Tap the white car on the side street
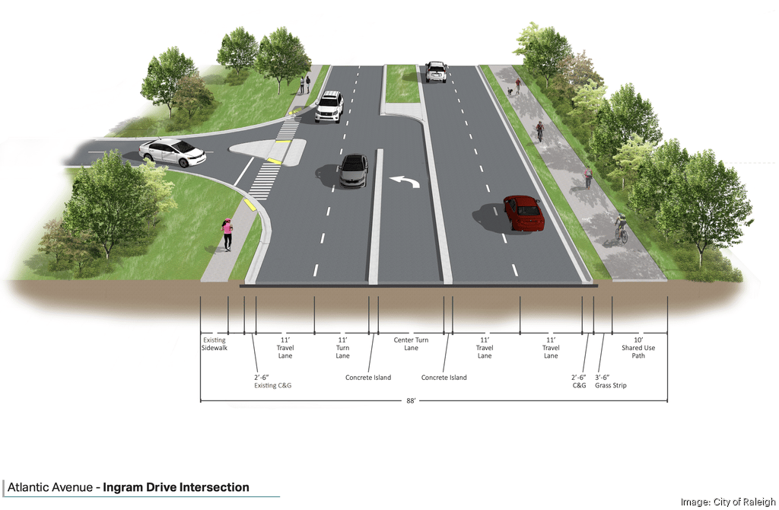click(x=173, y=152)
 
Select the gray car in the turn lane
click(x=354, y=170)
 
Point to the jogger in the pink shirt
click(x=227, y=234)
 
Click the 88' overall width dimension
click(x=411, y=401)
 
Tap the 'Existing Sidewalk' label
click(x=215, y=343)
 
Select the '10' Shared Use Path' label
click(x=638, y=348)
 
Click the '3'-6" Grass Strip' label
click(x=611, y=381)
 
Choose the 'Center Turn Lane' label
click(x=411, y=344)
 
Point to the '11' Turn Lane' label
click(x=343, y=348)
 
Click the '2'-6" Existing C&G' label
click(x=272, y=381)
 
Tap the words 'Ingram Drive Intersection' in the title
click(x=176, y=487)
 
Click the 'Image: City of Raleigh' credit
click(x=727, y=502)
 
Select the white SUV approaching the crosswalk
click(x=329, y=107)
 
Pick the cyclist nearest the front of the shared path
click(x=622, y=228)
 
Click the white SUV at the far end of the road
click(x=436, y=72)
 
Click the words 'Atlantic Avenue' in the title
click(x=51, y=487)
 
